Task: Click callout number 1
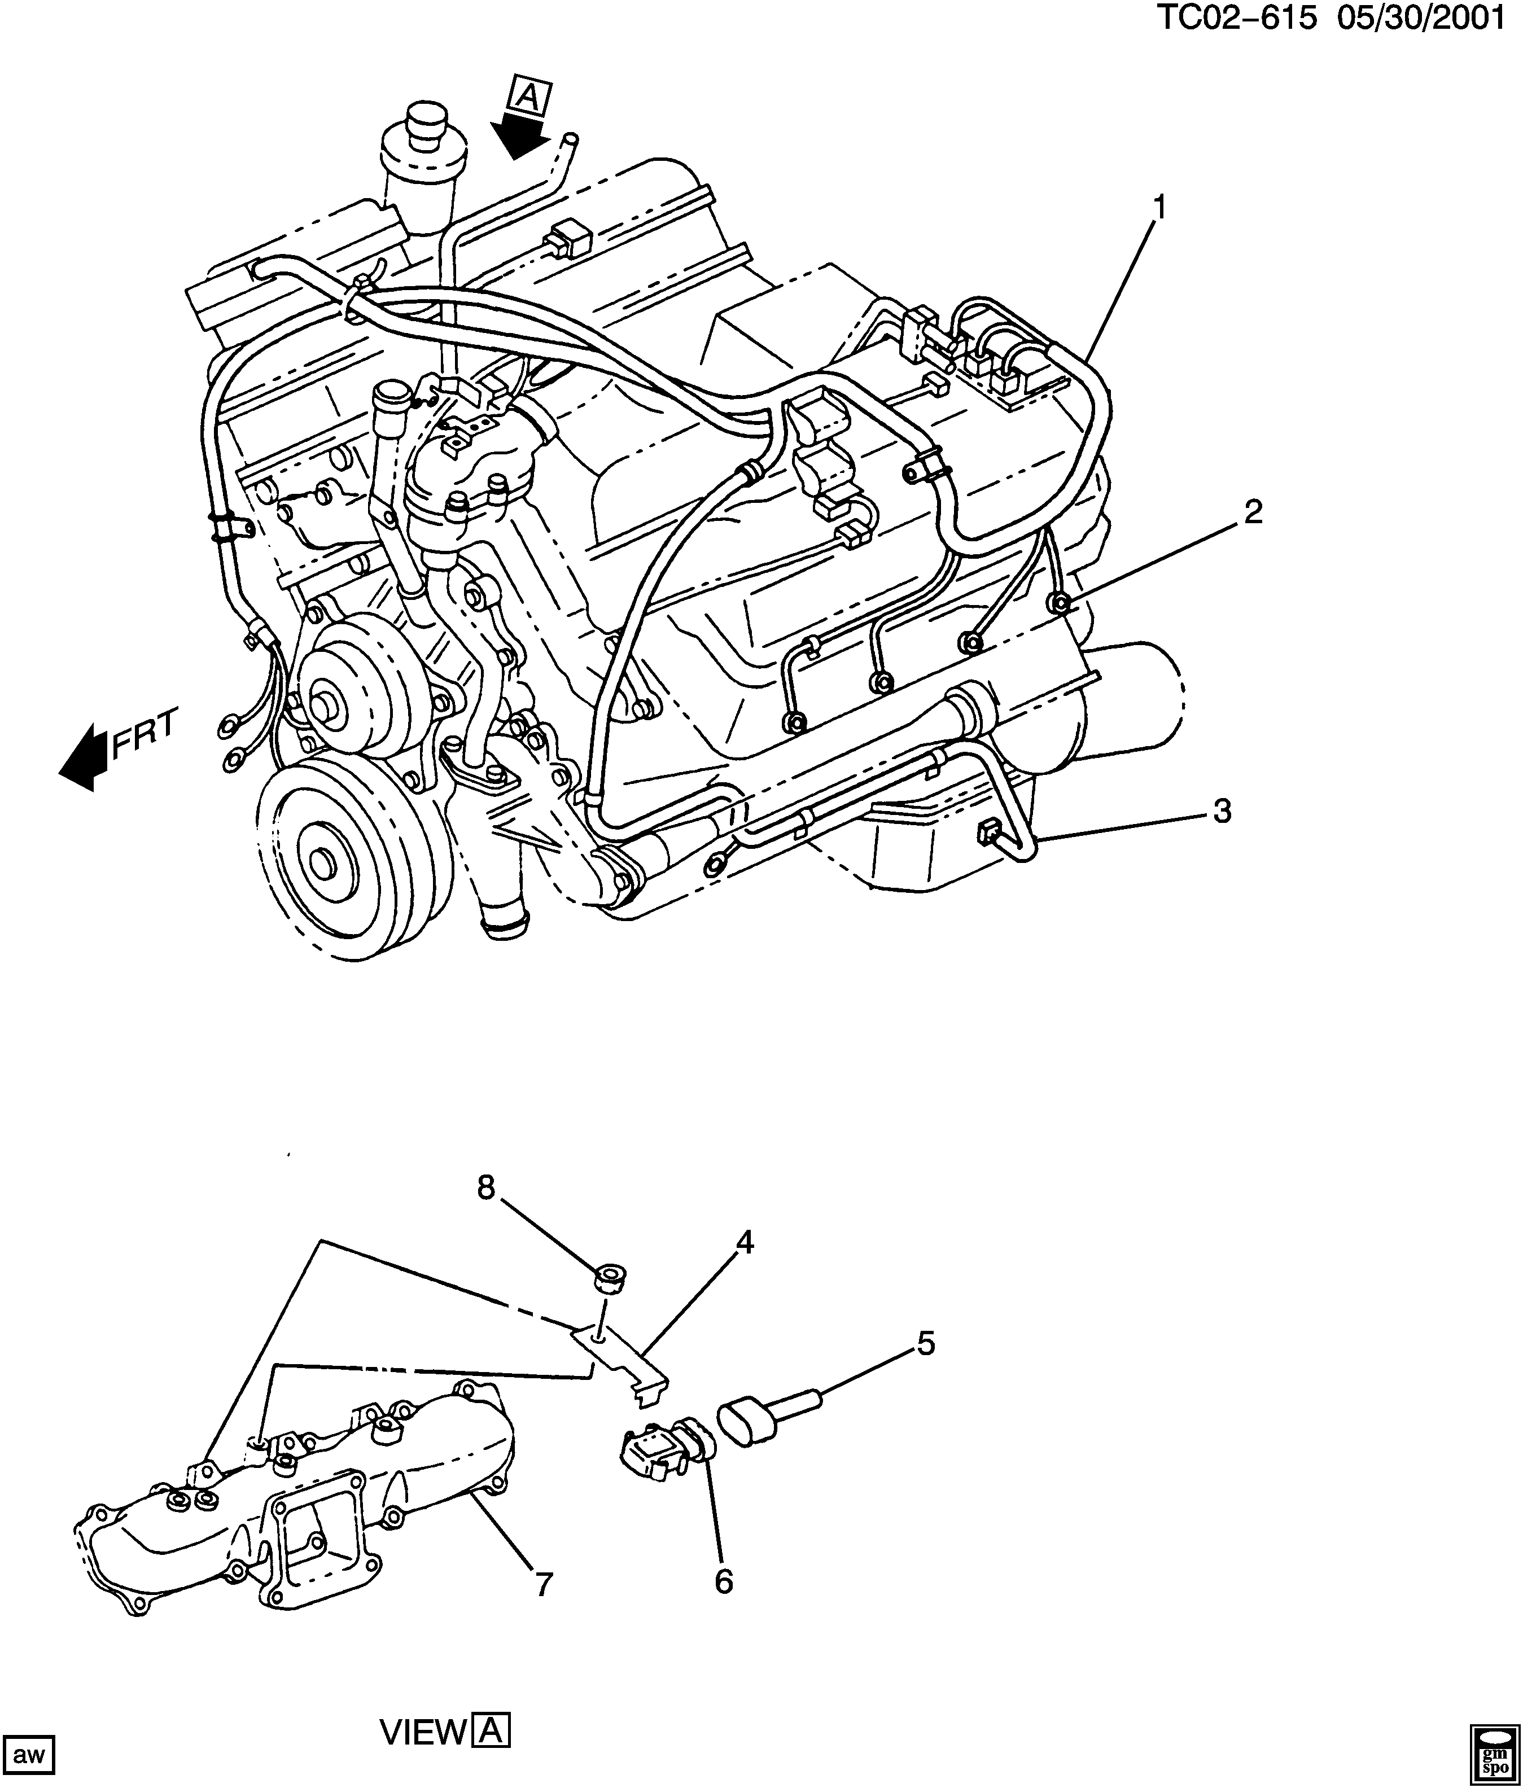(x=1159, y=208)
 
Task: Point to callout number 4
(x=744, y=1243)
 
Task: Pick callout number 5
(x=925, y=1344)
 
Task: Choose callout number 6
(x=723, y=1582)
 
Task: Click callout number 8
(x=486, y=1188)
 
